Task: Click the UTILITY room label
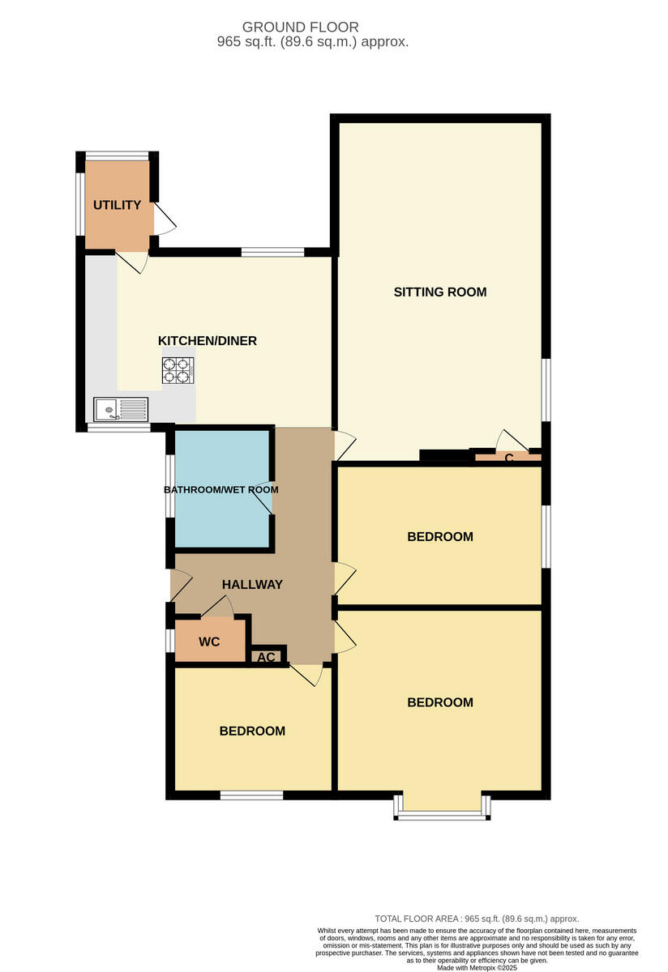click(x=117, y=205)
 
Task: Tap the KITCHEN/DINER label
click(x=207, y=341)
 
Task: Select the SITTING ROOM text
click(x=440, y=292)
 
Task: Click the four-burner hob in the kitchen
click(x=178, y=370)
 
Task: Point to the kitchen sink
click(x=121, y=409)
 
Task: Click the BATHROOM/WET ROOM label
click(x=221, y=490)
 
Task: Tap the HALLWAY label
click(x=252, y=584)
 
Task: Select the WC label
click(x=209, y=642)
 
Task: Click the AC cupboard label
click(x=267, y=657)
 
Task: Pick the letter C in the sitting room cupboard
click(x=509, y=458)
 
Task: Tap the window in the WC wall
click(x=169, y=641)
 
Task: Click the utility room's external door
click(x=163, y=218)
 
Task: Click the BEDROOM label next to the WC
click(x=252, y=731)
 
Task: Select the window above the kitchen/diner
click(x=272, y=252)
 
